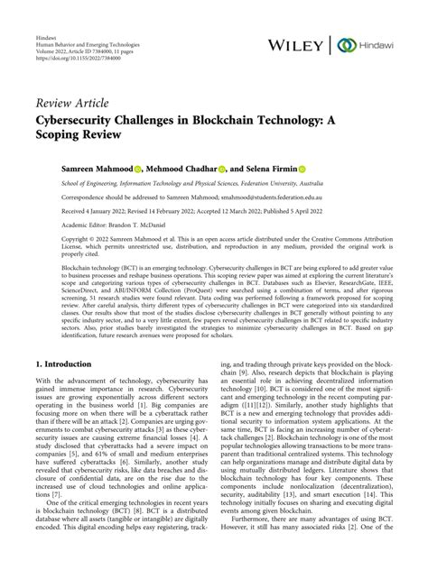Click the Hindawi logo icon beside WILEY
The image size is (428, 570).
(344, 45)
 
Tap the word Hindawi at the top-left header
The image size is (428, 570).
(47, 8)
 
